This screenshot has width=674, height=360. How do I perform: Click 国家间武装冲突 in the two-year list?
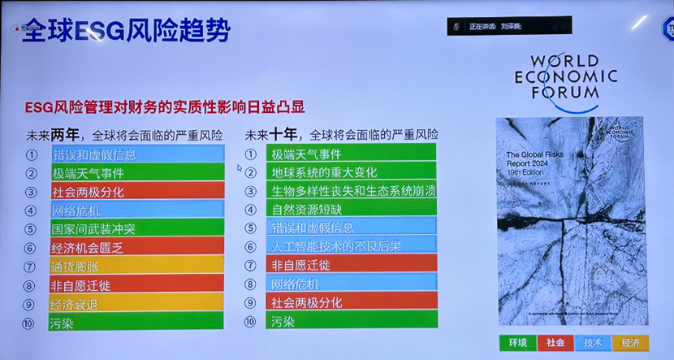point(136,228)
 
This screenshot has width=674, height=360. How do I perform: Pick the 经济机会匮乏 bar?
point(136,246)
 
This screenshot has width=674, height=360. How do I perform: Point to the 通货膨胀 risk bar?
point(136,265)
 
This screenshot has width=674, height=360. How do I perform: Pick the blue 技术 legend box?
point(595,342)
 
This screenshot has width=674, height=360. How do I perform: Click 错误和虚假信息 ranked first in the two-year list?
point(136,154)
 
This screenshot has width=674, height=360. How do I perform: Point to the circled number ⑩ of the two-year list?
point(32,321)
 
